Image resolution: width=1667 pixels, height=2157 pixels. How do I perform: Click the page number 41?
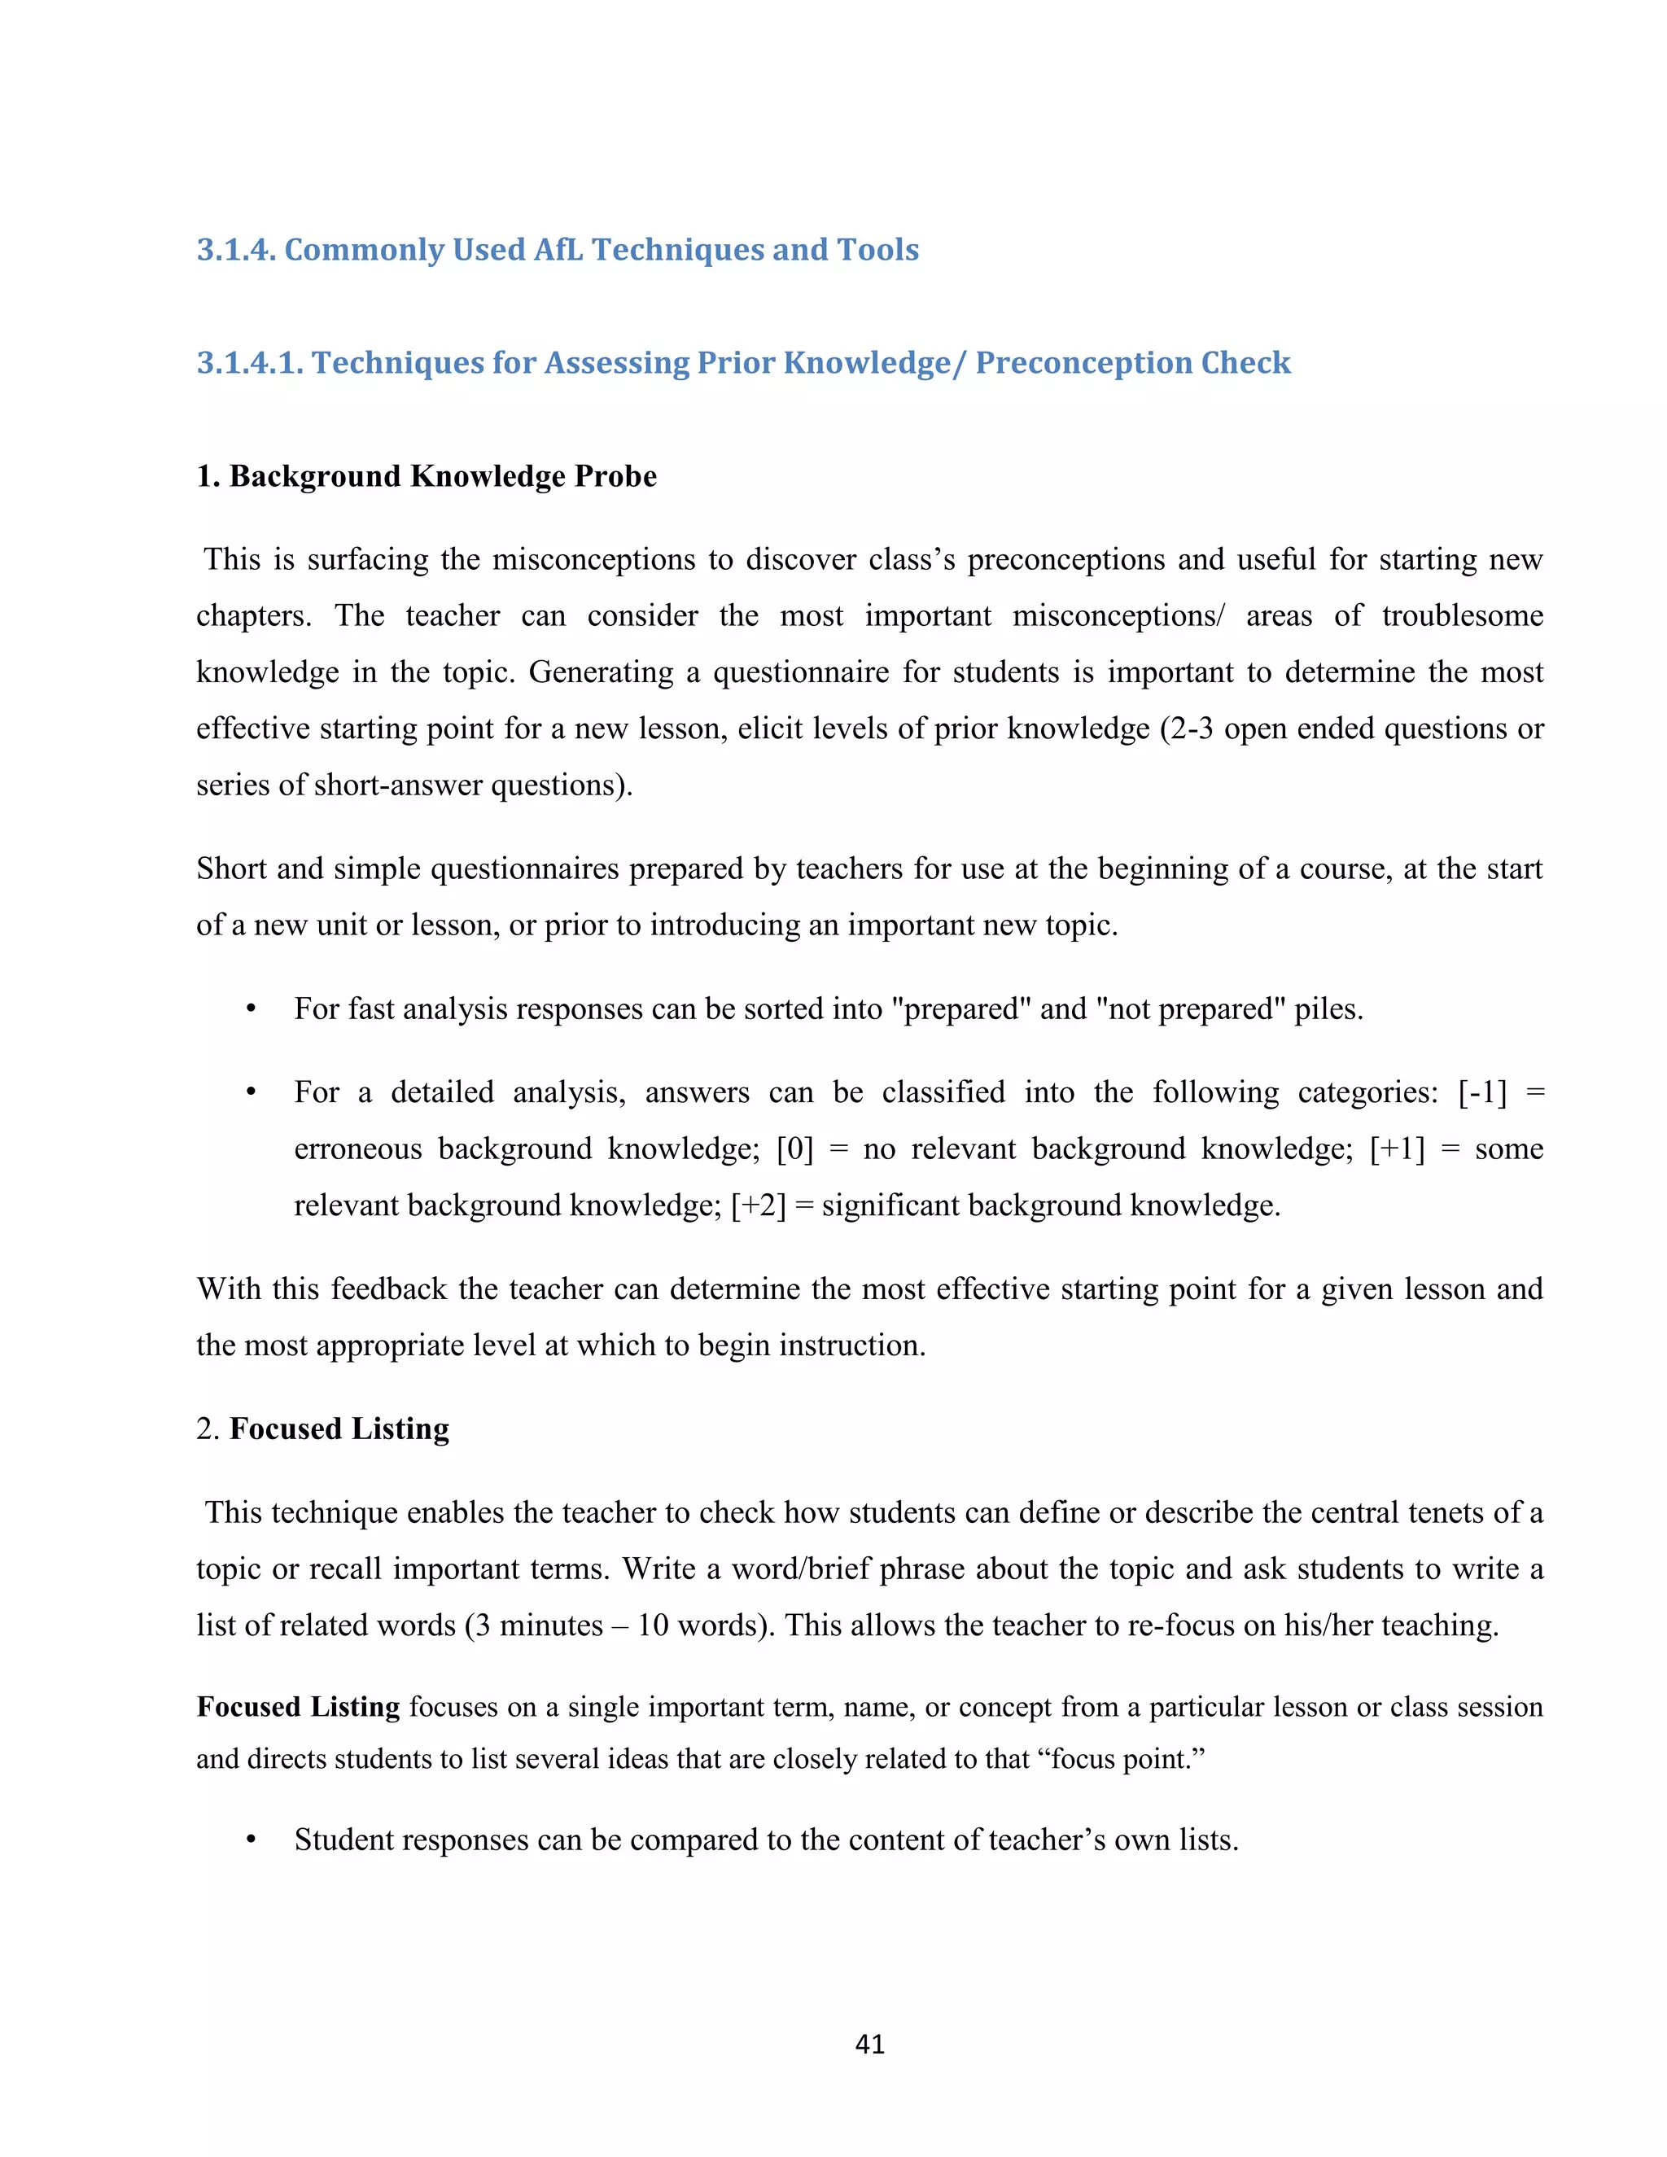pyautogui.click(x=869, y=2043)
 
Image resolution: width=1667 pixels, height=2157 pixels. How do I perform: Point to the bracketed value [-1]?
pyautogui.click(x=1482, y=1092)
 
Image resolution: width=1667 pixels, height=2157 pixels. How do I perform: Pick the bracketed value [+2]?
pyautogui.click(x=759, y=1205)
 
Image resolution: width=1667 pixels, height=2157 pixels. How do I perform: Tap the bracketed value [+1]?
pyautogui.click(x=1397, y=1149)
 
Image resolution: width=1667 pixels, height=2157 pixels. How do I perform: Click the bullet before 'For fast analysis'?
pyautogui.click(x=251, y=1009)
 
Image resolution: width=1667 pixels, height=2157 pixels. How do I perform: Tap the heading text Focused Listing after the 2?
pyautogui.click(x=339, y=1429)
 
